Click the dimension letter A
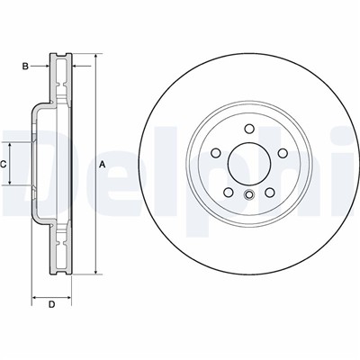pos(103,163)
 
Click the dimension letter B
pos(26,66)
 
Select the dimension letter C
pos(4,163)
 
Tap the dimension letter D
pos(51,304)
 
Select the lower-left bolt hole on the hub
pos(227,191)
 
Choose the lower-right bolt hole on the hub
pos(266,191)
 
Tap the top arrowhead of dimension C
pos(12,143)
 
